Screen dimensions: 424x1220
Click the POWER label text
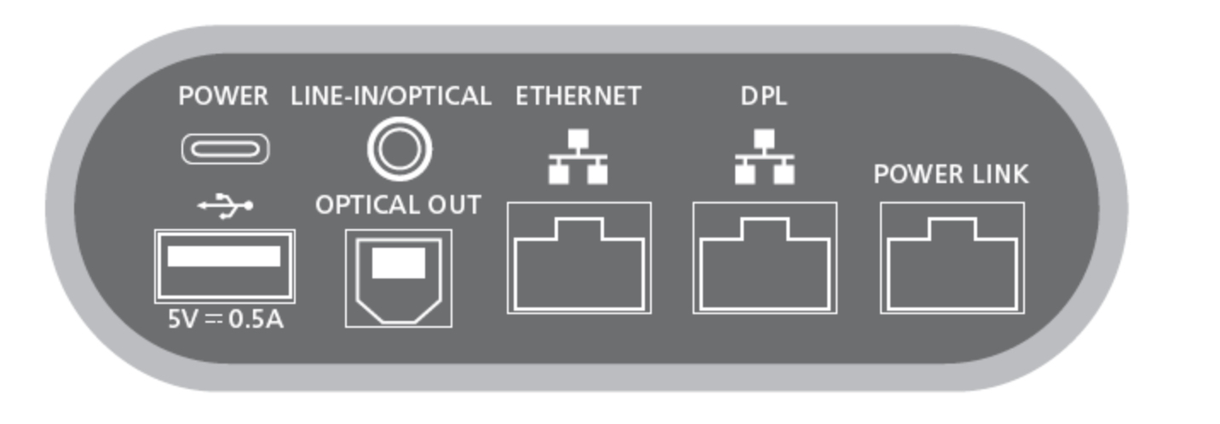pyautogui.click(x=223, y=97)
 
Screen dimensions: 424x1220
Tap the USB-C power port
pyautogui.click(x=226, y=150)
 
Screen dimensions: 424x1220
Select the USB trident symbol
pyautogui.click(x=226, y=205)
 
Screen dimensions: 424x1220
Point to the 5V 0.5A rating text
pyautogui.click(x=225, y=320)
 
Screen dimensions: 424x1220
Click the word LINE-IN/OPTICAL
pyautogui.click(x=391, y=97)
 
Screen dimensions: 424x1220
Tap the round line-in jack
pyautogui.click(x=399, y=150)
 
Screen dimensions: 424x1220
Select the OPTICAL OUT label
pyautogui.click(x=398, y=205)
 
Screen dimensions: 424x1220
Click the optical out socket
pyautogui.click(x=399, y=278)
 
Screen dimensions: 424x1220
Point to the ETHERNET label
pyautogui.click(x=578, y=97)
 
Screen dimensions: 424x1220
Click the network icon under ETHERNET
pyautogui.click(x=578, y=158)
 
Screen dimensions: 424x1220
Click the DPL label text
pyautogui.click(x=764, y=97)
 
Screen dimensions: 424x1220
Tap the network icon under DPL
pyautogui.click(x=764, y=158)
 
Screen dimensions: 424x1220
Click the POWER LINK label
pyautogui.click(x=951, y=175)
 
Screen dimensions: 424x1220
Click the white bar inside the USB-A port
pyautogui.click(x=224, y=256)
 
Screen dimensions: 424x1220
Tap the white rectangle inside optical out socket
pyautogui.click(x=399, y=263)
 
